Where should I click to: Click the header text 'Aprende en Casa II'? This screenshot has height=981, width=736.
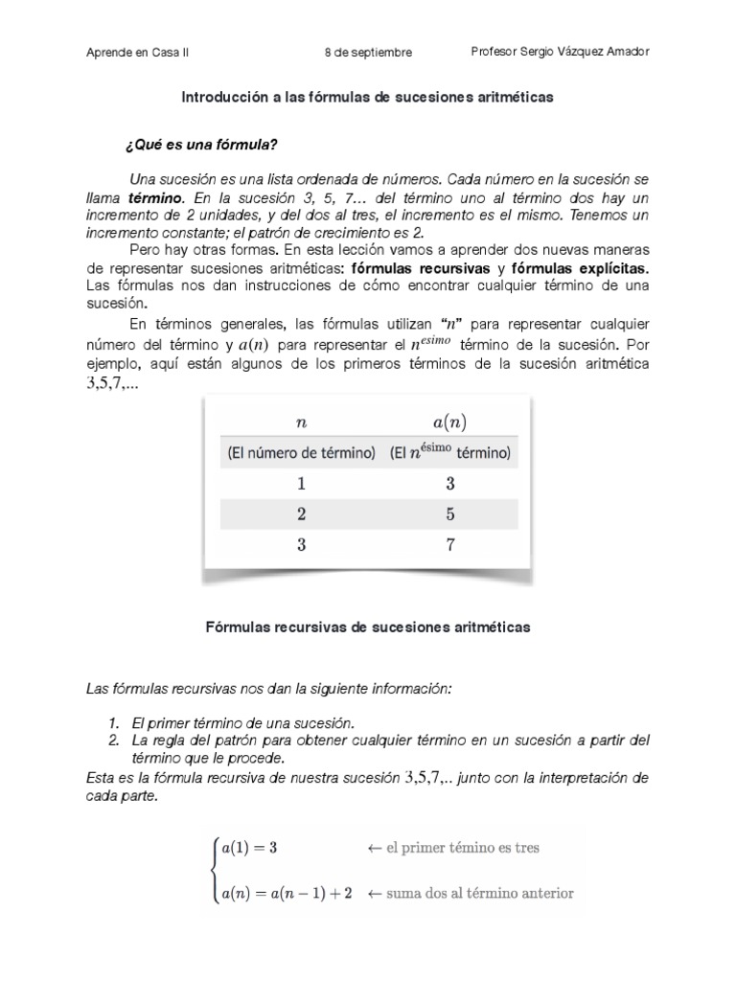[x=138, y=53]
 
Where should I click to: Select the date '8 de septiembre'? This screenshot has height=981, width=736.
[x=368, y=53]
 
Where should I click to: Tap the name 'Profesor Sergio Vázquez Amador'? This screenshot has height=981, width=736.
[x=561, y=52]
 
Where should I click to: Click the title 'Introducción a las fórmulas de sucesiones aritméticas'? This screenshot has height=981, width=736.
[x=368, y=98]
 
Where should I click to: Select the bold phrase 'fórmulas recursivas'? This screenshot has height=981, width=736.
[x=424, y=266]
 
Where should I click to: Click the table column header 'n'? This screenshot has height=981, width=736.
[x=300, y=421]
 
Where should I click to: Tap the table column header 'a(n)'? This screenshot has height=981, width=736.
[x=451, y=422]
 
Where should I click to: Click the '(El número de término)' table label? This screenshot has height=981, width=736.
[x=299, y=452]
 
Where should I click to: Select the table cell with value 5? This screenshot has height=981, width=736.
[x=450, y=514]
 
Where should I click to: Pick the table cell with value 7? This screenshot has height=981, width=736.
[x=450, y=546]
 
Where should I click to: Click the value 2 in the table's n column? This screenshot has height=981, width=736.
[x=301, y=514]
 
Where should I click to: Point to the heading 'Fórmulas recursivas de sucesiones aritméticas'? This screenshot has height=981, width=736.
[x=368, y=627]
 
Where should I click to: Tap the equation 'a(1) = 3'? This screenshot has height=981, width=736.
[x=249, y=848]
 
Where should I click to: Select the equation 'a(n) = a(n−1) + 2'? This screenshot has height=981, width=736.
[x=287, y=893]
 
